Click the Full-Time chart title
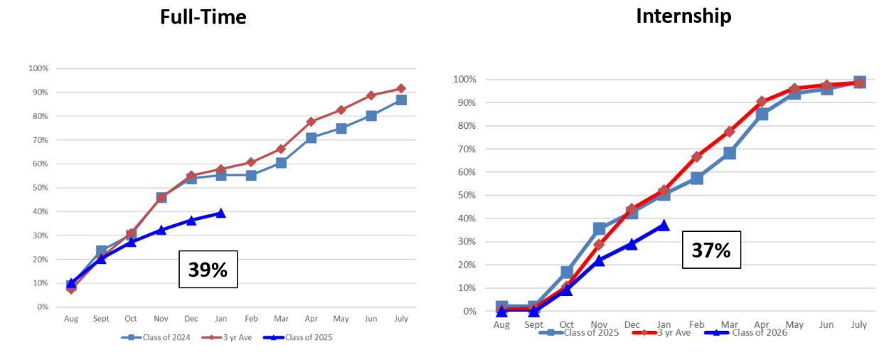point(203,16)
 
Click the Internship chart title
point(683,16)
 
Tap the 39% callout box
point(207,269)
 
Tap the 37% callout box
point(711,250)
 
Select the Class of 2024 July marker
point(401,100)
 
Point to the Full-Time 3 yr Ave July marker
point(401,89)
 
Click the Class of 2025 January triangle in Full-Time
point(221,213)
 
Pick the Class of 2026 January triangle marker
point(663,225)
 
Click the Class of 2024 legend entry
point(156,338)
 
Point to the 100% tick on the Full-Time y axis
point(38,68)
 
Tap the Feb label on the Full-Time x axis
point(251,319)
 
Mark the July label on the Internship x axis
point(859,324)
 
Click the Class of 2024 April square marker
point(312,138)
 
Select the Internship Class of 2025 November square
point(600,228)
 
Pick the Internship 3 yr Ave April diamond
point(762,102)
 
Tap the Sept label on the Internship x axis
point(533,324)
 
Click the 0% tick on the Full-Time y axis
point(41,307)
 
